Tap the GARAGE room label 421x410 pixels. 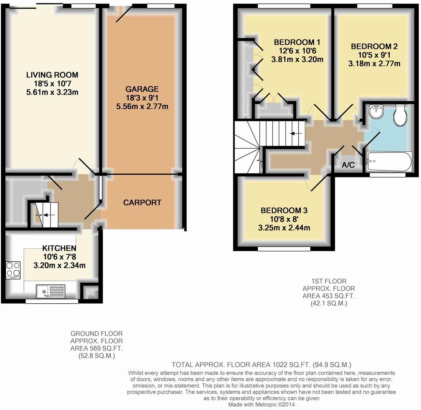coord(142,89)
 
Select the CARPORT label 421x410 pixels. coord(142,203)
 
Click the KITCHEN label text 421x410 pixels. coord(59,248)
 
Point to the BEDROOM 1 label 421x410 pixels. coord(297,42)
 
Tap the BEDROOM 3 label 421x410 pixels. coord(284,210)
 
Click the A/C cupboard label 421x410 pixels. coord(348,165)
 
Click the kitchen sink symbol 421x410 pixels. coord(50,292)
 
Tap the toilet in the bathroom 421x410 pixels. coord(400,116)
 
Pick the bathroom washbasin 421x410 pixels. coord(375,111)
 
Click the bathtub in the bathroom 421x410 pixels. coord(389,161)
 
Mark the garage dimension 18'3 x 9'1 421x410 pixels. coord(142,98)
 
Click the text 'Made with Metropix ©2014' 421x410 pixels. coord(261,405)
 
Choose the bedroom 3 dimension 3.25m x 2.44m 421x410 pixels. coord(284,227)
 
